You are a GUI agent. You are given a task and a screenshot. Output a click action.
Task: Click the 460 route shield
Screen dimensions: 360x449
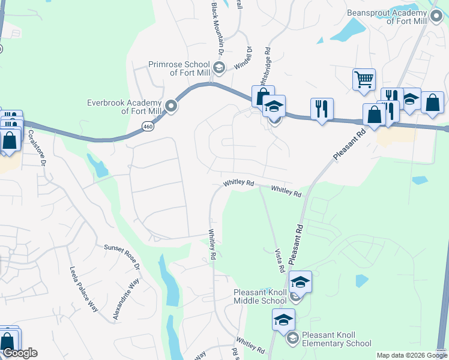(148, 126)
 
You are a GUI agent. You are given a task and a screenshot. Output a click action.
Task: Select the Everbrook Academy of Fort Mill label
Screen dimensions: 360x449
(125, 107)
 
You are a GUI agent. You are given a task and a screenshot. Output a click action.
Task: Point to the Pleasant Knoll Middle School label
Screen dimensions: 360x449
(260, 296)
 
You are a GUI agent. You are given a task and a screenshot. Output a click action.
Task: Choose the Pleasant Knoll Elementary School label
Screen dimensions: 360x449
(336, 339)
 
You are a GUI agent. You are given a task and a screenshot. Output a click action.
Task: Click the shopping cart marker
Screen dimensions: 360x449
(364, 79)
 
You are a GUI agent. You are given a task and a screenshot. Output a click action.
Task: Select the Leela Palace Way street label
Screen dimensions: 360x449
(83, 289)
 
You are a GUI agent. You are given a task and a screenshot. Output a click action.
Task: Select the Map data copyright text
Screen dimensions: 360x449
(411, 355)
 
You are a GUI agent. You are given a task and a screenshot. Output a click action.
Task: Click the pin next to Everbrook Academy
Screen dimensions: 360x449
(171, 107)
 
